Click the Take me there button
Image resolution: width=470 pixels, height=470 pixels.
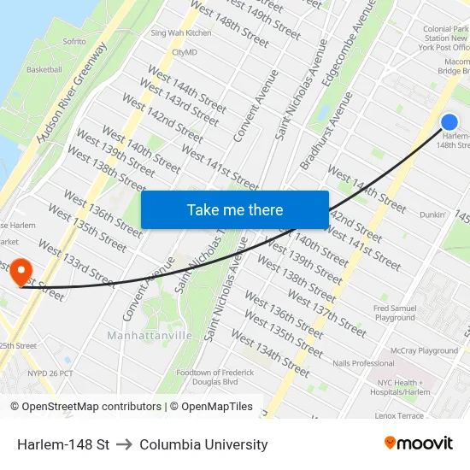click(x=235, y=209)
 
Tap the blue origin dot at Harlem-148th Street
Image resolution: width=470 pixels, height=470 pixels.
click(x=449, y=122)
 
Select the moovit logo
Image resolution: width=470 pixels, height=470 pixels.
click(x=418, y=444)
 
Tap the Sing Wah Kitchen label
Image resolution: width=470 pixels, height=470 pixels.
click(x=180, y=33)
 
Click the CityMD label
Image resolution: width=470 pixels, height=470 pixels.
click(x=185, y=52)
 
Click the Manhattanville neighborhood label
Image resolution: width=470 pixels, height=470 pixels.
click(x=150, y=336)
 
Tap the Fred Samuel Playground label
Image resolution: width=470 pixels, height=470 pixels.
click(x=394, y=313)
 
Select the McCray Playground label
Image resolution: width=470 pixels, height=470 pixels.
click(x=425, y=350)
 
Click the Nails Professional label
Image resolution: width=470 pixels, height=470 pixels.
click(x=364, y=363)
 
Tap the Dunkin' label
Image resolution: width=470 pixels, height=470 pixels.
click(x=433, y=214)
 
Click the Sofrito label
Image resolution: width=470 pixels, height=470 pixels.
click(x=74, y=41)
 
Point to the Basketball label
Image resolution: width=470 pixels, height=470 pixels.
click(x=44, y=70)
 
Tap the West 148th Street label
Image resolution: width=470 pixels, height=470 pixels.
click(x=229, y=23)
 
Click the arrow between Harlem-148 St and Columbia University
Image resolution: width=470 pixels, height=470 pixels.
click(x=125, y=444)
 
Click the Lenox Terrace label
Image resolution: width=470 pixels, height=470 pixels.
click(x=399, y=415)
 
